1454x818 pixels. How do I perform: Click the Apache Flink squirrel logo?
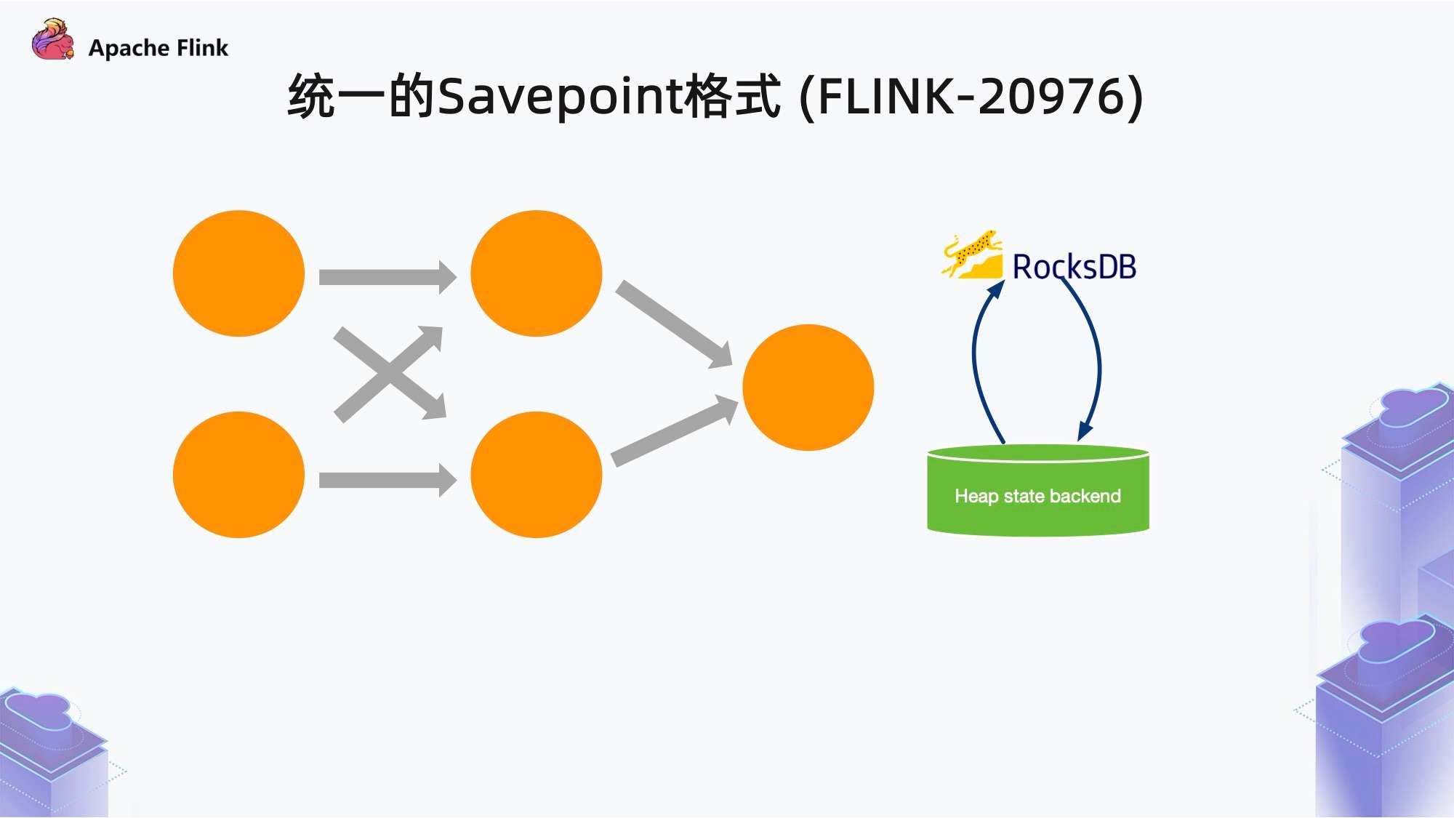52,41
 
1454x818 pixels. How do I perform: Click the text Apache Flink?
158,48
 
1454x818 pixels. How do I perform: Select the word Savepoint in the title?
560,97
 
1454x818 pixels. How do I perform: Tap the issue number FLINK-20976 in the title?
971,97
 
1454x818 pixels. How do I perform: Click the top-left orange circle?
238,273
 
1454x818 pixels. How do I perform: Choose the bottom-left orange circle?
238,475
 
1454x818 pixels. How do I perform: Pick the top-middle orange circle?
536,273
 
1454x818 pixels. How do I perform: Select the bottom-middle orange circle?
536,475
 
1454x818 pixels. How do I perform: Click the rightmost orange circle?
808,388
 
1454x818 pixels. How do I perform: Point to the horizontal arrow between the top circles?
385,277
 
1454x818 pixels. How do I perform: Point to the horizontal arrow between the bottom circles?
385,480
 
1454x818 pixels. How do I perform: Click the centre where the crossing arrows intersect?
390,373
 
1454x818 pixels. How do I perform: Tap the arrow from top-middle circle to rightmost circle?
672,324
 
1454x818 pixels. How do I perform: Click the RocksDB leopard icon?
973,256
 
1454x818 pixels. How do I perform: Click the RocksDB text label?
1074,267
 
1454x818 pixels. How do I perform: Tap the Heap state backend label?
1037,496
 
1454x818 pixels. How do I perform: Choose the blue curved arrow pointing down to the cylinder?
1097,364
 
